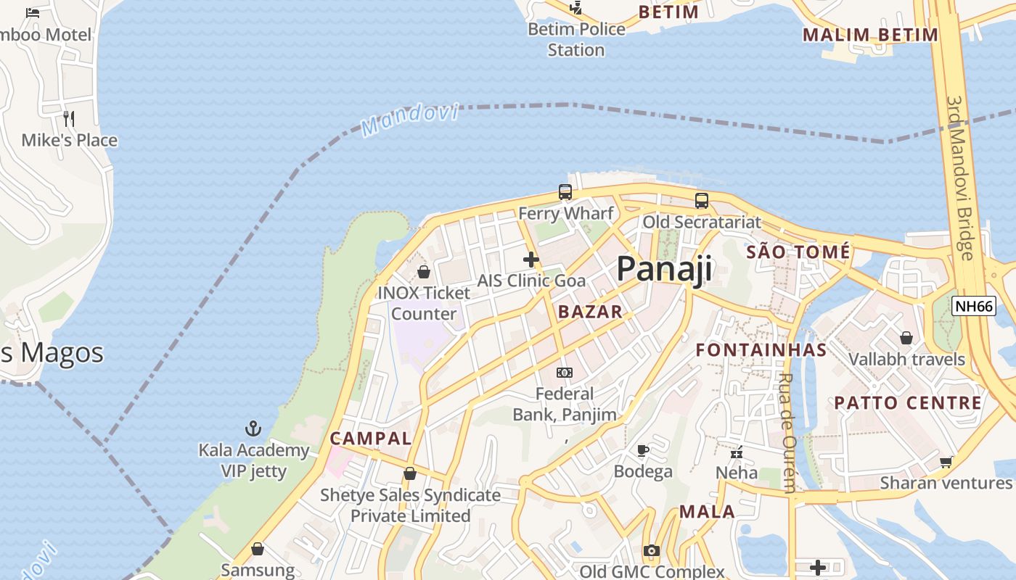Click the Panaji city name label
coord(664,269)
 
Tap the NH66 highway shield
coord(974,306)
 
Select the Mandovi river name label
coord(410,120)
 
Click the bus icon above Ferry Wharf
coord(565,192)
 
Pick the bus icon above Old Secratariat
coord(701,201)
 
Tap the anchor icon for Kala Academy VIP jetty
coord(253,428)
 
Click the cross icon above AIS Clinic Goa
coord(531,259)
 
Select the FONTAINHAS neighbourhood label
coord(761,350)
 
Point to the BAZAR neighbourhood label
coord(590,312)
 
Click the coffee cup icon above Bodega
coord(642,450)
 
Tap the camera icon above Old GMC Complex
coord(651,551)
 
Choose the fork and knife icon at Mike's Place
coord(69,118)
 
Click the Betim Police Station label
coord(576,39)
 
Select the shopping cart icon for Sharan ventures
coord(946,462)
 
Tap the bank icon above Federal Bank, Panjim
coord(564,373)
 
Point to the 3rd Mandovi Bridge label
coord(959,178)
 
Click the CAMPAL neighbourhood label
coord(370,439)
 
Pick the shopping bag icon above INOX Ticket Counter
coord(423,272)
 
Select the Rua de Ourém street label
coord(787,432)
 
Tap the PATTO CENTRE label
coord(907,403)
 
